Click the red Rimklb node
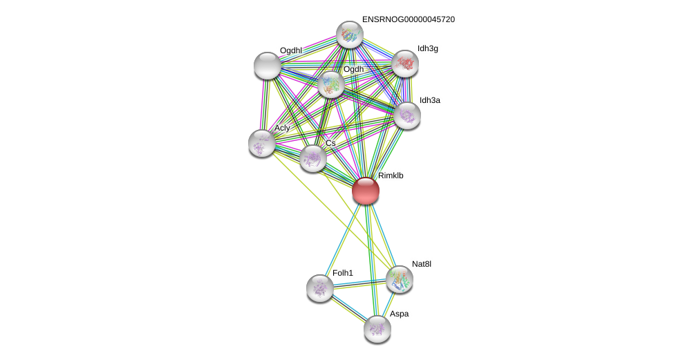coord(365,191)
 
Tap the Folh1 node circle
coord(320,288)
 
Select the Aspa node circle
coord(377,329)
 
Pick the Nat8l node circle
coord(400,279)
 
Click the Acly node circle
coord(262,143)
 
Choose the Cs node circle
coord(313,158)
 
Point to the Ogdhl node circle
coord(268,66)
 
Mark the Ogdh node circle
coord(331,84)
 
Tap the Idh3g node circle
coord(405,64)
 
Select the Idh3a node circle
coord(407,115)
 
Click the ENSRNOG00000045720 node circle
coord(350,35)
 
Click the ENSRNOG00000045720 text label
coord(408,19)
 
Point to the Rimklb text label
coord(391,176)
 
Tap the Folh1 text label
coord(342,273)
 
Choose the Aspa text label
coord(399,314)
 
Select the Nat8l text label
coord(421,264)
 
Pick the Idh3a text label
coord(429,100)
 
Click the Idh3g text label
coord(428,48)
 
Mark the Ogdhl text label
coord(290,50)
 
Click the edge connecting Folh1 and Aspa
coord(348,308)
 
